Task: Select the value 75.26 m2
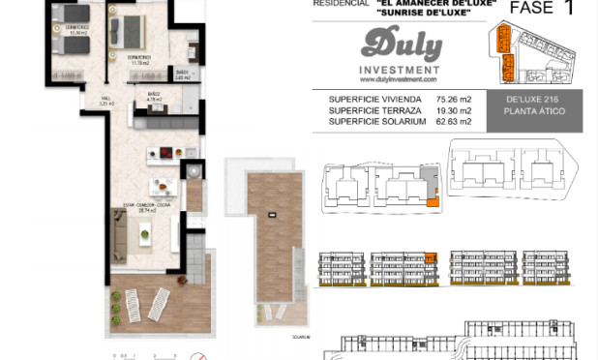point(453,98)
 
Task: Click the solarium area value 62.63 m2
point(453,122)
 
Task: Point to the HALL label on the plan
point(107,98)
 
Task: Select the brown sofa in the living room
point(120,231)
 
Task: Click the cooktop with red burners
point(164,154)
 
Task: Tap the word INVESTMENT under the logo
point(400,71)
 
